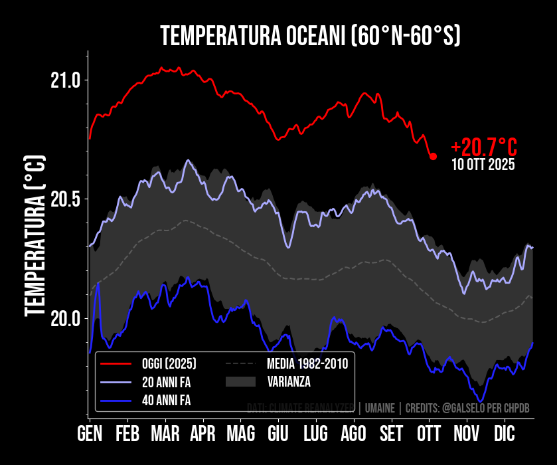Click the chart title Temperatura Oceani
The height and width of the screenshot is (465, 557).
click(x=311, y=36)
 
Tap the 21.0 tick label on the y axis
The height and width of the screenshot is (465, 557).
click(x=65, y=81)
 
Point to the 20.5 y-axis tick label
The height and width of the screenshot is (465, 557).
click(x=65, y=199)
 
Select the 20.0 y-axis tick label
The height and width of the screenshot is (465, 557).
click(x=65, y=318)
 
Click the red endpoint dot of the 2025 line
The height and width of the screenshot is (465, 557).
click(x=433, y=156)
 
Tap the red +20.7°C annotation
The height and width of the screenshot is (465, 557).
click(x=483, y=147)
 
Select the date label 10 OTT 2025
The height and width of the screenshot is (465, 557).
click(x=483, y=165)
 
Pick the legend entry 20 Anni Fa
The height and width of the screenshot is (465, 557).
click(x=166, y=382)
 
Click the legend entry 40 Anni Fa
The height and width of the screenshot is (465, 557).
click(x=166, y=400)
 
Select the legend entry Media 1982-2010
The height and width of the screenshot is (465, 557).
click(x=307, y=364)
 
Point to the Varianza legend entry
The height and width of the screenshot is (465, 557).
click(x=289, y=382)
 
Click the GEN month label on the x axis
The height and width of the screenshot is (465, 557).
click(x=90, y=434)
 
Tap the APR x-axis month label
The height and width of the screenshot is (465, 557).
click(x=202, y=434)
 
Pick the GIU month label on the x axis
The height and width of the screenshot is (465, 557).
click(x=278, y=434)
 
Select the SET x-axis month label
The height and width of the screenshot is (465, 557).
click(x=391, y=434)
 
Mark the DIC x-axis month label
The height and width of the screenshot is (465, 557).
click(x=504, y=434)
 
